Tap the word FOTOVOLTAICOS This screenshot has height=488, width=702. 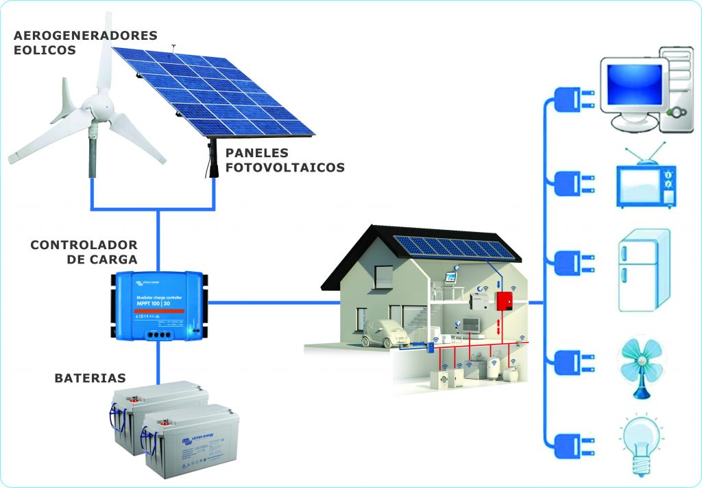285,167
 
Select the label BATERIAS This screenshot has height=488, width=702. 90,378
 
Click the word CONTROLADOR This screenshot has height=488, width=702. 84,245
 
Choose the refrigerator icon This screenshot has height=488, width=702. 643,270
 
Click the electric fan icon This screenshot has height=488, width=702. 642,362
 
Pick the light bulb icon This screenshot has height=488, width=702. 642,443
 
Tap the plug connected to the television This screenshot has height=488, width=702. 571,184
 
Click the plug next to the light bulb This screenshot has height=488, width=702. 571,443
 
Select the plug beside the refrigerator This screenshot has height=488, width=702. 571,263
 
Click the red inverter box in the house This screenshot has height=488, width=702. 505,301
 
